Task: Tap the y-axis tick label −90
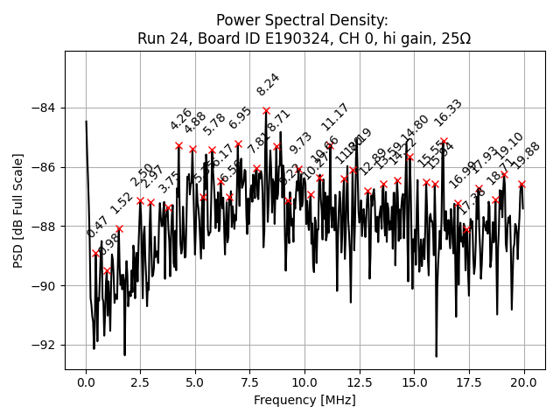coord(44,285)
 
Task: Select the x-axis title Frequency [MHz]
coord(304,400)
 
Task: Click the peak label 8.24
coord(268,85)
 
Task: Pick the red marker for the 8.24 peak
coord(266,111)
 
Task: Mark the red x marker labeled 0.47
coord(96,253)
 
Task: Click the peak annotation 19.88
coord(527,156)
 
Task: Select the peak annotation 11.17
coord(334,116)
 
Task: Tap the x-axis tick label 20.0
coord(524,381)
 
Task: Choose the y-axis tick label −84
coord(44,108)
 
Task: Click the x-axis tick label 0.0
coord(86,381)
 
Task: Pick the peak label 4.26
coord(181,120)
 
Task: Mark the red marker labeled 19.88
coord(522,184)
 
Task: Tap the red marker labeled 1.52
coord(119,228)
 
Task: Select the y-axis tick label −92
coord(44,345)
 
